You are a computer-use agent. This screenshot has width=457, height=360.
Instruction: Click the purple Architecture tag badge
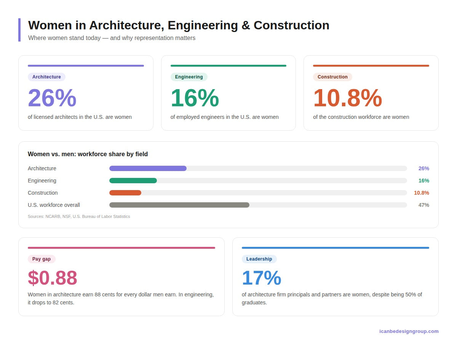click(x=46, y=77)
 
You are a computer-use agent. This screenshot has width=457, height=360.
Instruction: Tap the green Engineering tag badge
click(x=189, y=77)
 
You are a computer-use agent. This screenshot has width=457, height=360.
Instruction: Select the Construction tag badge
click(x=332, y=77)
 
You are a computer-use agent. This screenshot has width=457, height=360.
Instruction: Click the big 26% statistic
click(x=52, y=98)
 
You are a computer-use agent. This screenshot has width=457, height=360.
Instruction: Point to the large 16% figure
click(x=195, y=98)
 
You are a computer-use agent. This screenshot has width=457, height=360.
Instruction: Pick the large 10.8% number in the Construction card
click(x=347, y=98)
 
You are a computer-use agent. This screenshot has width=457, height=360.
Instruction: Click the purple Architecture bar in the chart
click(x=148, y=168)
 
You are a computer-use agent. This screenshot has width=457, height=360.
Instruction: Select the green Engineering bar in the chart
click(x=133, y=181)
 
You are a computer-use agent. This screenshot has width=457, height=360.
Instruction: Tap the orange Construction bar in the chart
click(x=125, y=193)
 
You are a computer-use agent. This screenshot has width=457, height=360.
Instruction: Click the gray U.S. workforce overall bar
click(x=179, y=205)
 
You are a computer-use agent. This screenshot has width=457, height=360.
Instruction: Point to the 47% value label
click(x=423, y=205)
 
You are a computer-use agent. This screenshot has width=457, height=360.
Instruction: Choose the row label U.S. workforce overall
click(x=54, y=205)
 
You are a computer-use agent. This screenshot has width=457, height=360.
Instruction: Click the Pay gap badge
click(x=42, y=259)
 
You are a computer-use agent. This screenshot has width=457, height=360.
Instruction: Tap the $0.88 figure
click(x=53, y=278)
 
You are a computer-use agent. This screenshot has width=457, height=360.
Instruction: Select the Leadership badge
click(x=259, y=259)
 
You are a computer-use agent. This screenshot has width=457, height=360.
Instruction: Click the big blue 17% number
click(x=261, y=278)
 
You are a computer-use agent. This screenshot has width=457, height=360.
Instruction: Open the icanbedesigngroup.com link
click(x=409, y=331)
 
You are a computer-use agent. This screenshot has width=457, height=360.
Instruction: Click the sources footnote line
click(x=79, y=216)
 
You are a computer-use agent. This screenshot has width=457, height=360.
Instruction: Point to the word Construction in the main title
click(x=291, y=25)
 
